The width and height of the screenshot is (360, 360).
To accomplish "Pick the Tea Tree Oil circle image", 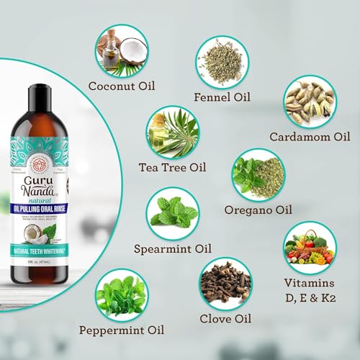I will click(x=173, y=134).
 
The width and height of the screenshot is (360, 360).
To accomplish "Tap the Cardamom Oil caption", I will click(x=310, y=137).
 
